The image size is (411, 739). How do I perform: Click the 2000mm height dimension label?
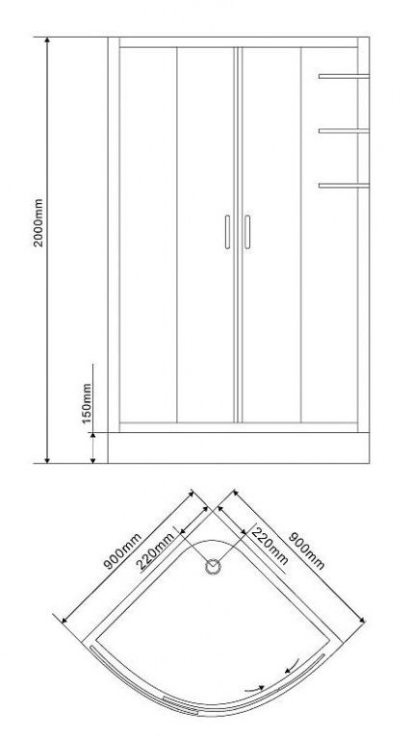39,222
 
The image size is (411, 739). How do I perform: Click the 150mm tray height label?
87,403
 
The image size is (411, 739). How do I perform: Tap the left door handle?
228,232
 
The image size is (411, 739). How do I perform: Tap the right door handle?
247,232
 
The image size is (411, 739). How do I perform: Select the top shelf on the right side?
344,76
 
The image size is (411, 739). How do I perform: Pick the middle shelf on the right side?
344,131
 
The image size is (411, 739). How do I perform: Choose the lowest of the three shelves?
344,185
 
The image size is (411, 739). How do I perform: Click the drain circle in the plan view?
214,567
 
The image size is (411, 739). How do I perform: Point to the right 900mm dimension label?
306,551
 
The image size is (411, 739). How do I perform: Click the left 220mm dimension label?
157,550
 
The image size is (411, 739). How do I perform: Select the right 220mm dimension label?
270,546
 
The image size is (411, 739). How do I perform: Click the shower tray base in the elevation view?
239,447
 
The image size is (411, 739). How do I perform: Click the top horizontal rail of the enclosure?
239,42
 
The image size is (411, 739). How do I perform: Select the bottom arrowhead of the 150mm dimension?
92,460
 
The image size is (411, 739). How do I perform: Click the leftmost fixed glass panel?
148,235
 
